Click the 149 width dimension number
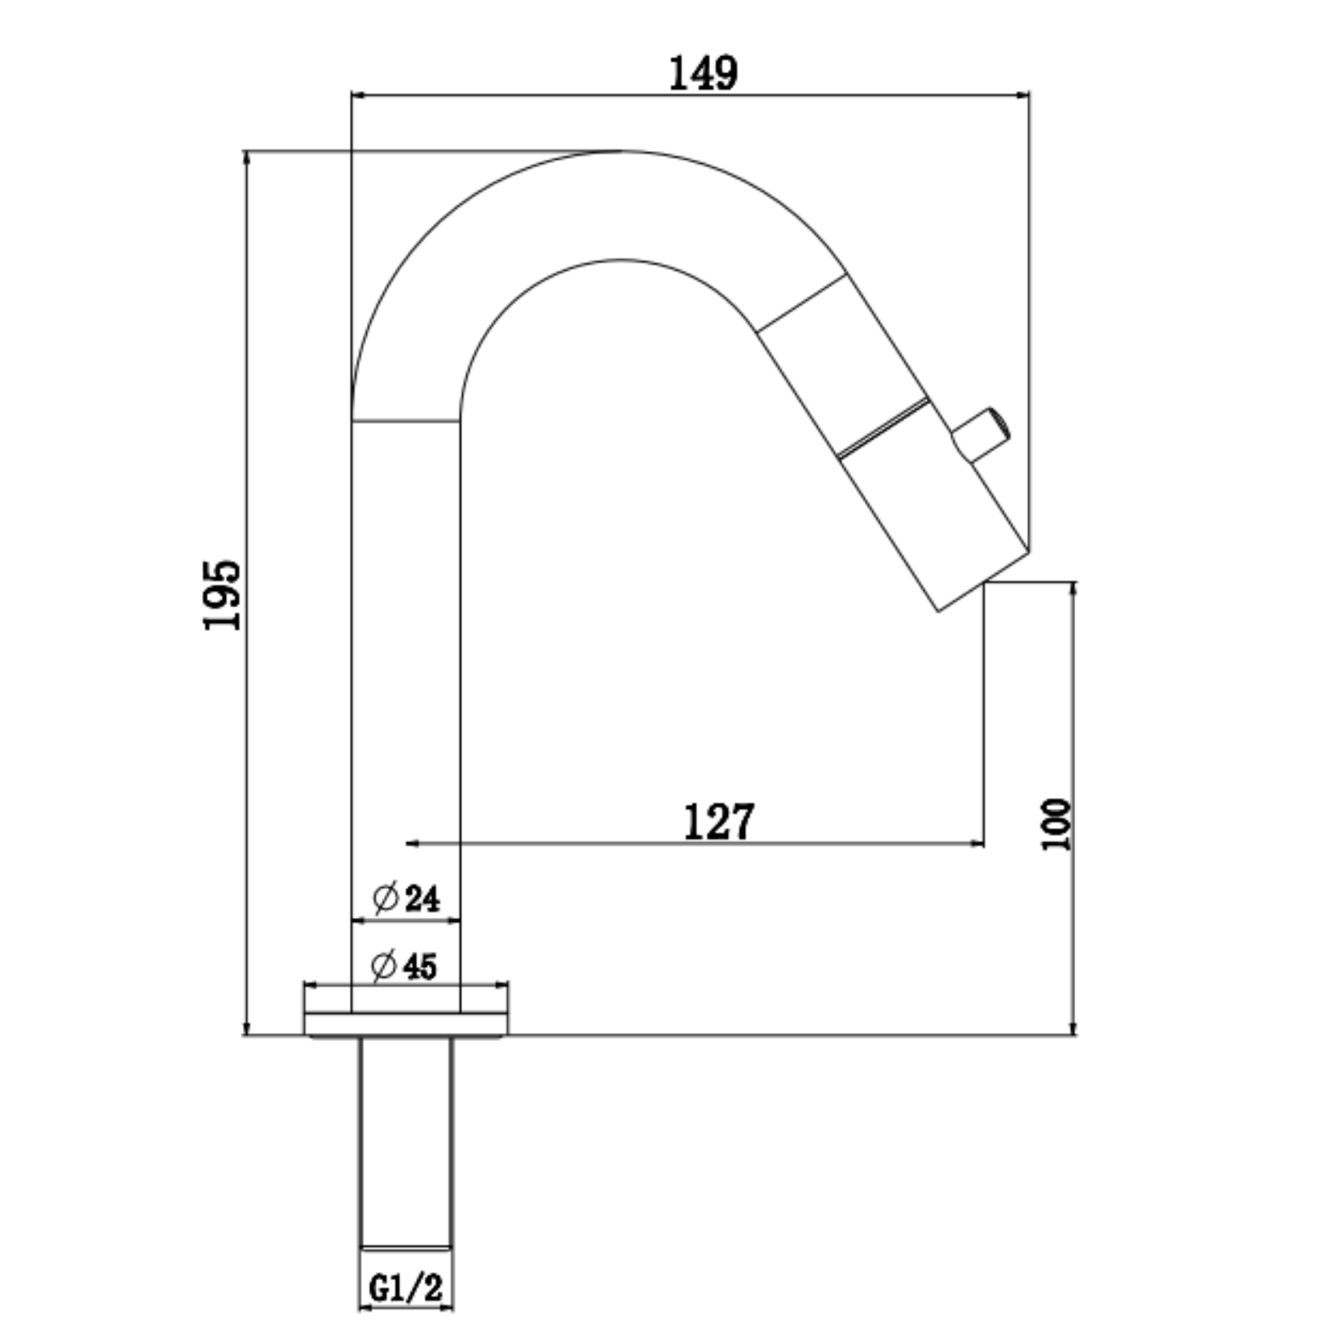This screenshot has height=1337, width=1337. (703, 73)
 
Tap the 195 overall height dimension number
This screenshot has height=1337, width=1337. (223, 594)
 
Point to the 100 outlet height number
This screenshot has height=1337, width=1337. (1057, 824)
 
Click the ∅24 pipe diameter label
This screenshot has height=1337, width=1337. (406, 898)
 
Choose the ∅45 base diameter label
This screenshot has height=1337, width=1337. (404, 966)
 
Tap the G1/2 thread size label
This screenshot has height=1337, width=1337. (406, 1289)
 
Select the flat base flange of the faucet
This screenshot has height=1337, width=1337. (406, 1025)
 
